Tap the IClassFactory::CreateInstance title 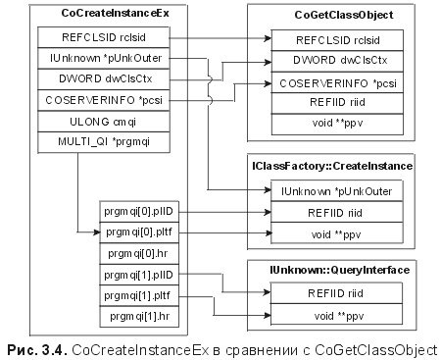coord(332,168)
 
